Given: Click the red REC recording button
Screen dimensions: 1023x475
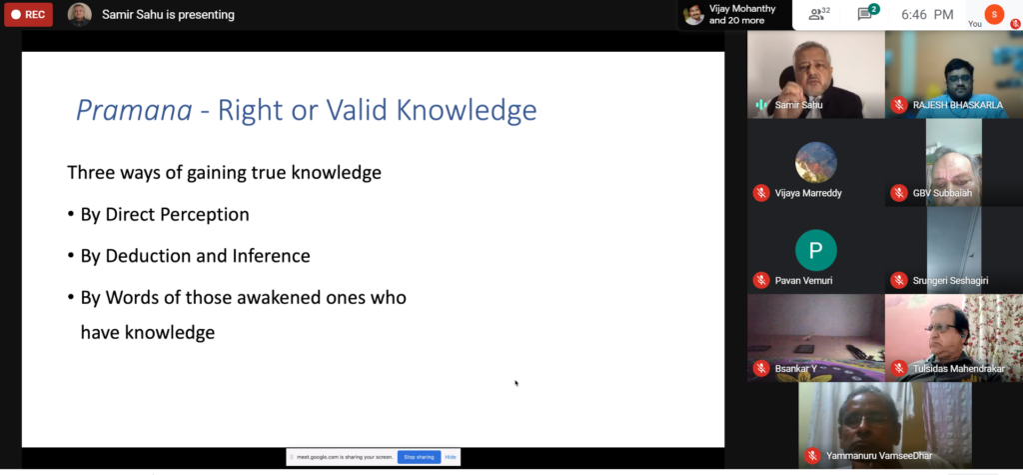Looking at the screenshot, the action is click(x=28, y=14).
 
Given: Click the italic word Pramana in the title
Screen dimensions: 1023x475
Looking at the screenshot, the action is click(x=134, y=110).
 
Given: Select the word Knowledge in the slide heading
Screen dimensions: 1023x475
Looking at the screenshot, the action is click(x=467, y=110).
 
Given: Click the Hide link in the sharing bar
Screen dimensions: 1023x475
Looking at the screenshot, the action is click(x=451, y=457).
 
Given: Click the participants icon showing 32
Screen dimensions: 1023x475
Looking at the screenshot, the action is click(x=819, y=14).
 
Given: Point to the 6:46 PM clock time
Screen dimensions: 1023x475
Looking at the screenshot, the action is click(x=927, y=14).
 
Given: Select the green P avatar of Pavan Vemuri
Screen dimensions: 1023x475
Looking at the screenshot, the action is click(x=815, y=250).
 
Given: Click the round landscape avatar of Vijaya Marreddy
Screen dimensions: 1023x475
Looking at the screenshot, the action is click(x=815, y=162).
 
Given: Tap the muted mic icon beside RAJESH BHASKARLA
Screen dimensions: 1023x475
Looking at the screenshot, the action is click(x=899, y=105).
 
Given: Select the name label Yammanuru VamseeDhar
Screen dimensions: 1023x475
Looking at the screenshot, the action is click(x=879, y=455).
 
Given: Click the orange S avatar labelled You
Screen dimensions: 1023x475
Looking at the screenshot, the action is click(x=994, y=14).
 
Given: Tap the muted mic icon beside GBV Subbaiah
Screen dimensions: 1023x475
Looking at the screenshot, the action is click(x=899, y=193).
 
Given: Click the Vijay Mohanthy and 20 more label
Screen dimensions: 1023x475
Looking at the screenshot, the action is click(x=736, y=14).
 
